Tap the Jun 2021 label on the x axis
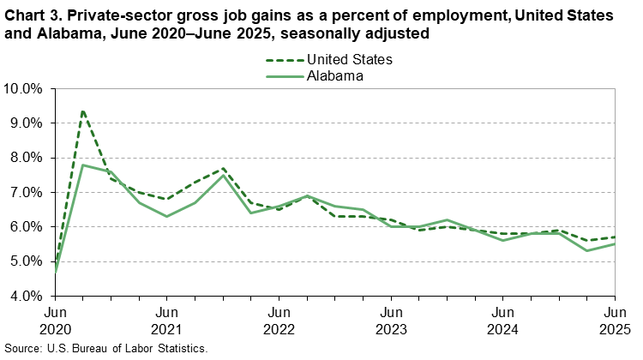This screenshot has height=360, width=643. click(x=167, y=320)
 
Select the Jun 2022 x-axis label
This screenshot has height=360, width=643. click(x=279, y=320)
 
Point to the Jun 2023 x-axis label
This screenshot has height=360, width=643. click(x=391, y=320)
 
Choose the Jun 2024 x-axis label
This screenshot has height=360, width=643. click(x=503, y=320)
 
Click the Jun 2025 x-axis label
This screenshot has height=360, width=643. click(x=615, y=320)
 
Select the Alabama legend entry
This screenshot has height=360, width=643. click(x=335, y=75)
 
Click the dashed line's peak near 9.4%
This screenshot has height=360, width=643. click(x=83, y=110)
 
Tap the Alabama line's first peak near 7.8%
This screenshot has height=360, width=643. click(x=83, y=165)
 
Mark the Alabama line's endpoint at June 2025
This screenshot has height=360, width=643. click(x=615, y=244)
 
